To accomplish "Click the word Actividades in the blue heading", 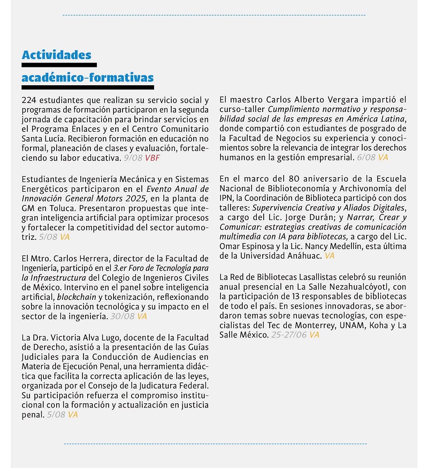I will pos(56,55).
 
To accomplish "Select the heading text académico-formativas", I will pos(87,77).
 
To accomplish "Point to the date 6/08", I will pos(366,157).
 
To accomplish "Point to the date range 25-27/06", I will pos(288,335).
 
